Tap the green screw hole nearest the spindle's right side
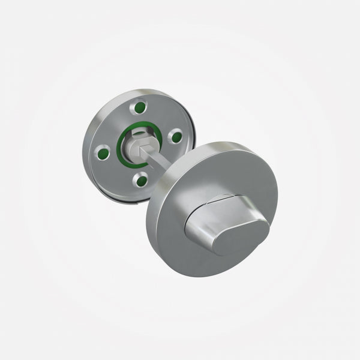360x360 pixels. point(176,137)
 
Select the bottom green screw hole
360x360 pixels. point(139,178)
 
